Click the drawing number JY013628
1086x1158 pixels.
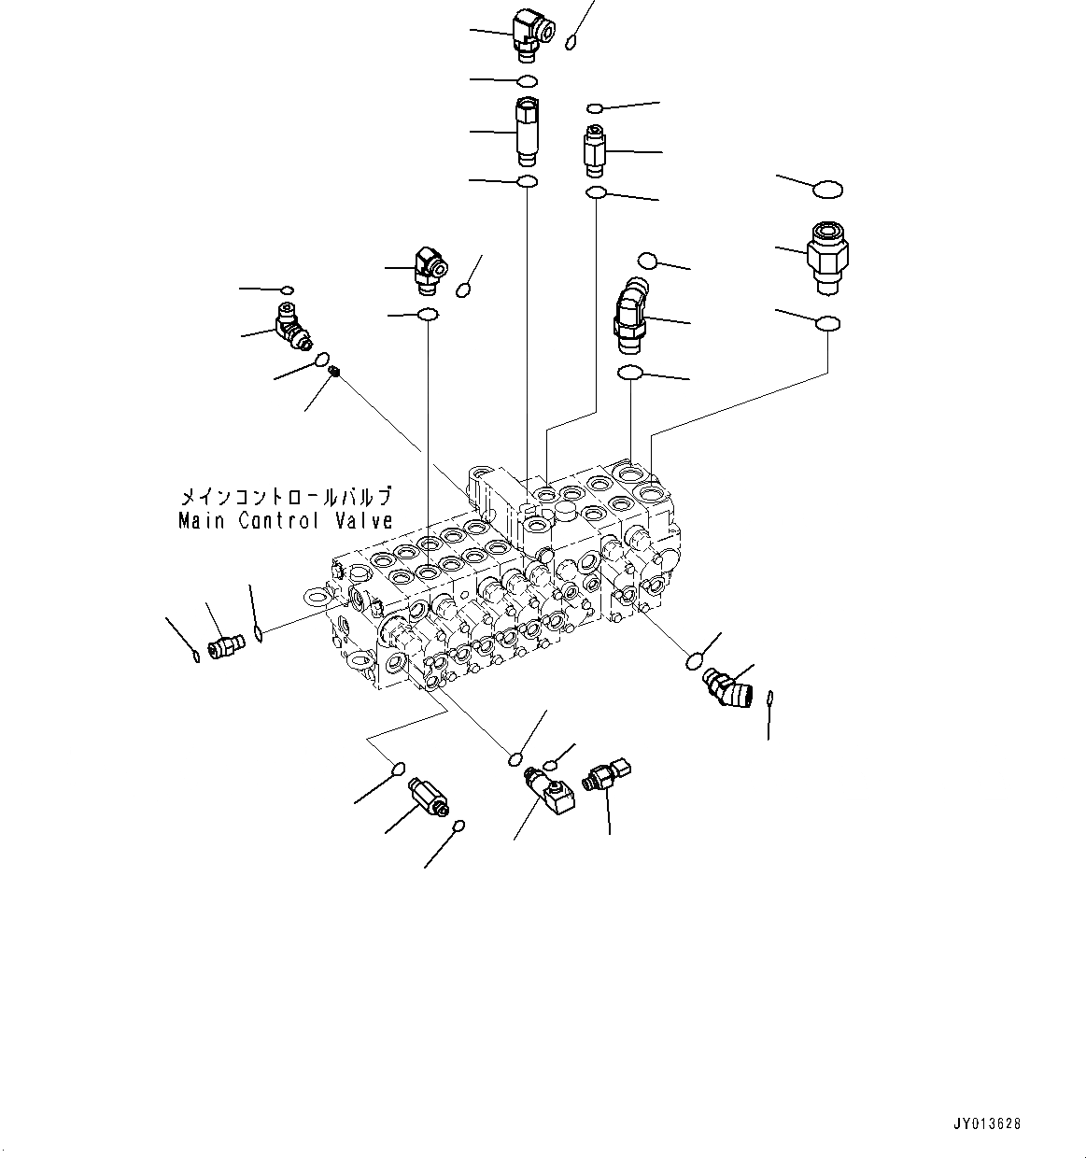pyautogui.click(x=988, y=1123)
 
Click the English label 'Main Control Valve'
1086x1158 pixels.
pyautogui.click(x=285, y=521)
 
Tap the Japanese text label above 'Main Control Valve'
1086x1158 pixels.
pyautogui.click(x=285, y=497)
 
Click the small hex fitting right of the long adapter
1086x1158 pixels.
pyautogui.click(x=595, y=150)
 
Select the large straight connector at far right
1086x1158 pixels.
pyautogui.click(x=825, y=251)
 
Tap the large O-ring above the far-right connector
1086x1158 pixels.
pyautogui.click(x=827, y=190)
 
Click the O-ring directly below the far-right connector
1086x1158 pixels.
pyautogui.click(x=827, y=323)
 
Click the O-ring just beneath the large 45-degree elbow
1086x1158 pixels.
pyautogui.click(x=630, y=374)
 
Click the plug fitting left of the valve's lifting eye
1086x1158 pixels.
pyautogui.click(x=225, y=645)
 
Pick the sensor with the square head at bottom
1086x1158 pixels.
pyautogui.click(x=605, y=775)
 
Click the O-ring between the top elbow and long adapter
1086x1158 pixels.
pyautogui.click(x=528, y=80)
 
